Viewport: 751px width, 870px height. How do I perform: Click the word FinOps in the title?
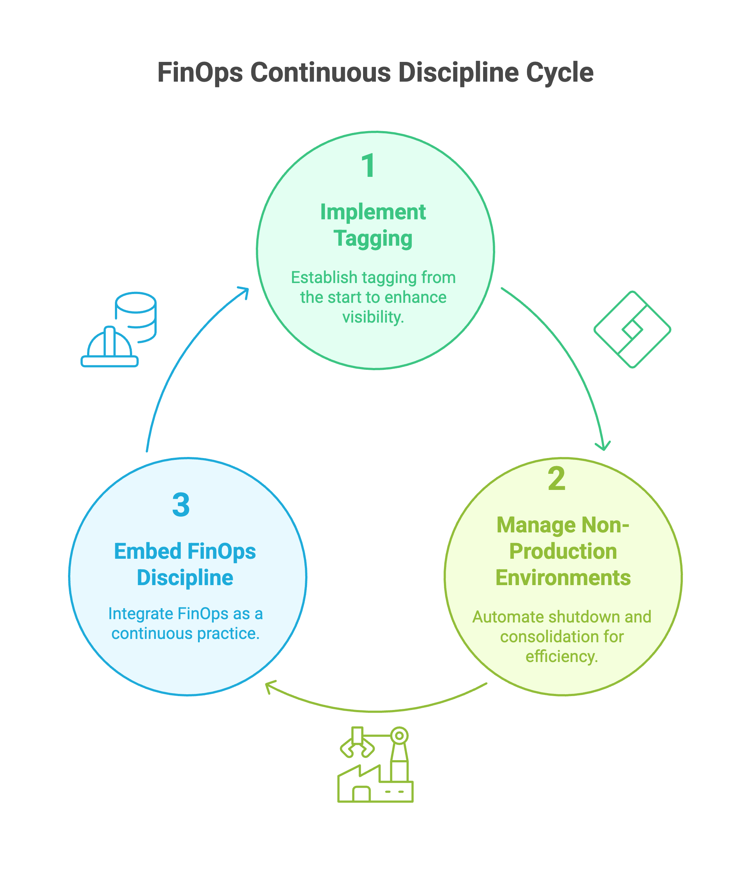click(200, 72)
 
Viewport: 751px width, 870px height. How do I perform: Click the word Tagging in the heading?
click(373, 238)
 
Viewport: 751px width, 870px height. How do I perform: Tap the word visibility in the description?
click(373, 317)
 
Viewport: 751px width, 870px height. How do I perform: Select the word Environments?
click(563, 578)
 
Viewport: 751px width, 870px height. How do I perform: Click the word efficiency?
click(562, 656)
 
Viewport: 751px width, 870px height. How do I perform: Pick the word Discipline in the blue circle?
click(185, 578)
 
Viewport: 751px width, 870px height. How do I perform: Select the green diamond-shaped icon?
click(632, 330)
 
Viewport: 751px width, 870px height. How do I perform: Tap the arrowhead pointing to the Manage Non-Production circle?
click(603, 447)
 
